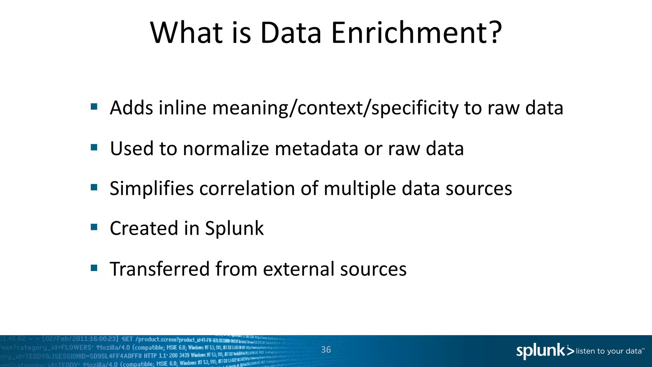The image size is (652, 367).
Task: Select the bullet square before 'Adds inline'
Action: pos(94,106)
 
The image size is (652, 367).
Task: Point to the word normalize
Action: pos(226,149)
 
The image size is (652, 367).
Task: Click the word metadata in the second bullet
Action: pos(316,149)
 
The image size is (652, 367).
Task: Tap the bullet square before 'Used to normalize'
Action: pos(94,147)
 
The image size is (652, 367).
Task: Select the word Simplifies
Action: pos(152,189)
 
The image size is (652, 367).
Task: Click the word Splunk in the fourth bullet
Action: pos(234,228)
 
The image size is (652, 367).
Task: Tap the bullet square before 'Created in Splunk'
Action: pos(94,227)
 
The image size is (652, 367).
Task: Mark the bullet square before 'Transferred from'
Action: pos(94,268)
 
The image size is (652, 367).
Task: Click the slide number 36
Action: pos(326,350)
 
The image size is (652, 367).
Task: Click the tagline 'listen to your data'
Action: pos(609,351)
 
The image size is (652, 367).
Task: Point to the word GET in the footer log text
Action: pos(127,339)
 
